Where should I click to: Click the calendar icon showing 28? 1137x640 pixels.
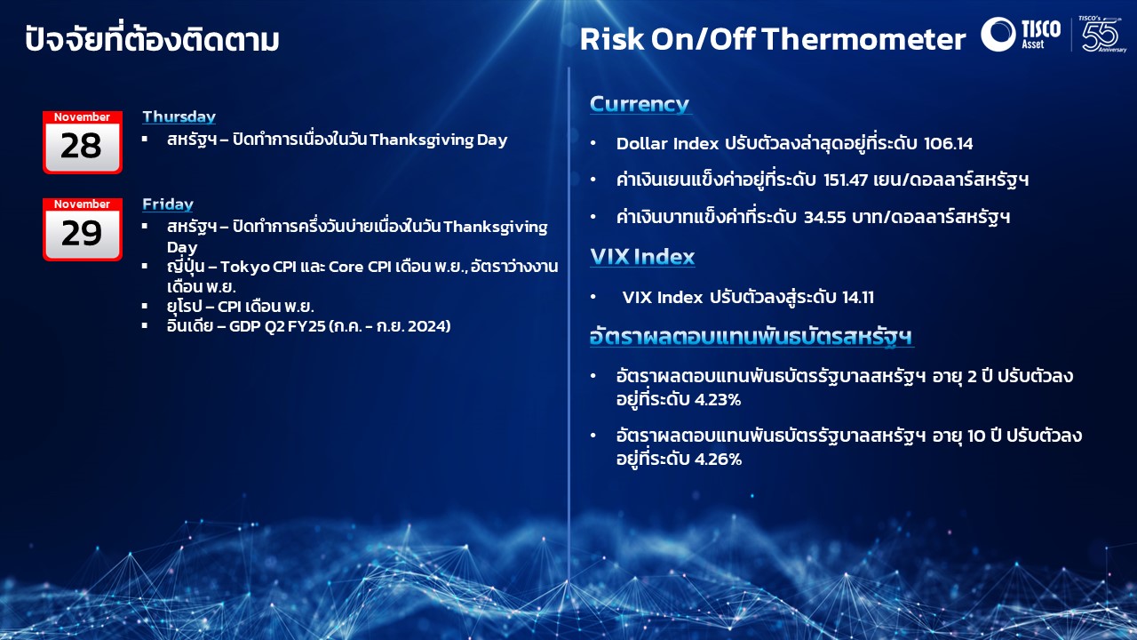(x=83, y=142)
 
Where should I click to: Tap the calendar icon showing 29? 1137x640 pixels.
(x=83, y=229)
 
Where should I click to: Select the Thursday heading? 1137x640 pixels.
(x=179, y=116)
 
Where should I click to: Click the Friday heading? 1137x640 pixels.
(x=168, y=204)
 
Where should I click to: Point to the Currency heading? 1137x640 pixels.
(x=640, y=104)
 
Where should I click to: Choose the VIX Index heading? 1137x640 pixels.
(x=642, y=257)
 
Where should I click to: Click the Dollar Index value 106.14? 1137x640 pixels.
(x=948, y=144)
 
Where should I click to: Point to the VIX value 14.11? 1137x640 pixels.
(x=858, y=297)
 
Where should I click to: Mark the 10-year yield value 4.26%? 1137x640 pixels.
(x=719, y=460)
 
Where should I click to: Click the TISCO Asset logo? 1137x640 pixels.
(x=1021, y=34)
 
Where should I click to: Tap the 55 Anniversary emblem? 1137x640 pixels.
(x=1101, y=34)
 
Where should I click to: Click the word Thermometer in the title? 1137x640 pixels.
(x=863, y=39)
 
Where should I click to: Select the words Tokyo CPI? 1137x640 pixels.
(x=258, y=267)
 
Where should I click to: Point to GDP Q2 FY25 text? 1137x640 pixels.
(x=277, y=326)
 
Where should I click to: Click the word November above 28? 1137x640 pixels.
(x=83, y=116)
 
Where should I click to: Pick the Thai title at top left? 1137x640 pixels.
(x=152, y=38)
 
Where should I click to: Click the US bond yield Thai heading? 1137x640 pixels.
(x=751, y=336)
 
